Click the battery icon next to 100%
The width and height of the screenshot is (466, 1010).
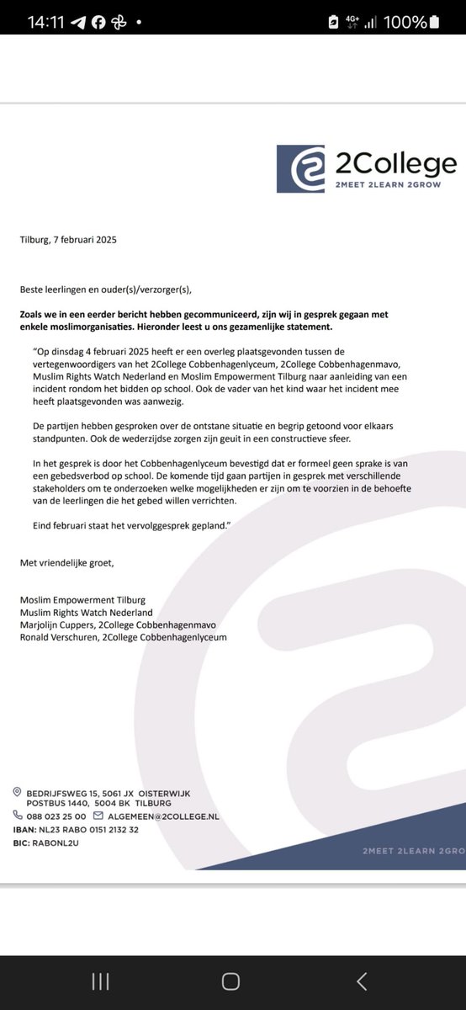point(434,23)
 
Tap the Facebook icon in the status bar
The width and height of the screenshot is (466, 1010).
point(98,23)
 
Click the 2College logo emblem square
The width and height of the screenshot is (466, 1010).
point(300,168)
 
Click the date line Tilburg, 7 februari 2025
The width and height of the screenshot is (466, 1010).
point(68,240)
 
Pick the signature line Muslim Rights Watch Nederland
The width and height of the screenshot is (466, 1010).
point(87,613)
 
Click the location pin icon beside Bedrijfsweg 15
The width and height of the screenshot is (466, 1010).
point(17,792)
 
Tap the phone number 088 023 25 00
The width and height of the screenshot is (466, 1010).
point(56,816)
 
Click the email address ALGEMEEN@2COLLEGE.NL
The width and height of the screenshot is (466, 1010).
point(163,816)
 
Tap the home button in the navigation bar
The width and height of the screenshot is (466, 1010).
point(230,981)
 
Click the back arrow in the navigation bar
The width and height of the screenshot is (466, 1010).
point(361,981)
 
